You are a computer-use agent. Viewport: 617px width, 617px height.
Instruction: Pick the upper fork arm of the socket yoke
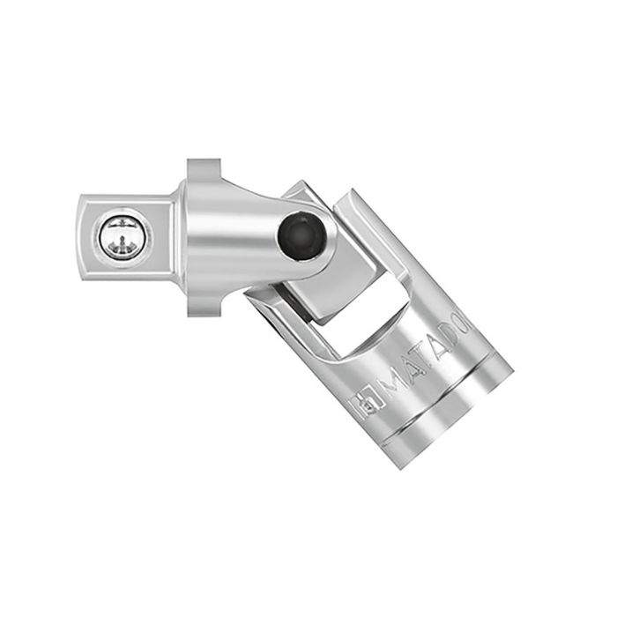point(326,203)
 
